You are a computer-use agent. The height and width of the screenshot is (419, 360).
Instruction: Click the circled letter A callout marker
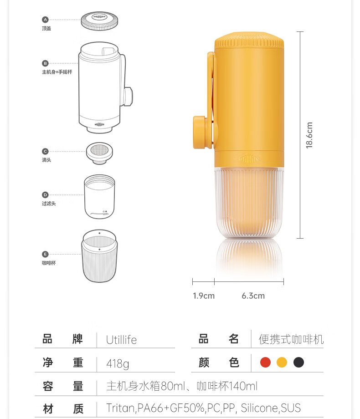click(x=45, y=20)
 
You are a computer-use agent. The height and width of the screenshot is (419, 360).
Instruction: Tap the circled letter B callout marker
click(x=45, y=63)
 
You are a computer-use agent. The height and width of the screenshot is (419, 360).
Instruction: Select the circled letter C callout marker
click(x=45, y=151)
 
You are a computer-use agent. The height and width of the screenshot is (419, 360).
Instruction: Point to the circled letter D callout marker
click(x=45, y=195)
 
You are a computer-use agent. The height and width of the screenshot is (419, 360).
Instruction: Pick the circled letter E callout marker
click(x=45, y=254)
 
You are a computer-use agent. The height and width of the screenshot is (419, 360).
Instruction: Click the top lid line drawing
click(x=99, y=20)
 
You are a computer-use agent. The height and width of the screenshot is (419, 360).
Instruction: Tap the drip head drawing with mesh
click(x=99, y=153)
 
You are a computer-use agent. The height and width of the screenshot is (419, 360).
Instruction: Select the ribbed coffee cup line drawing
click(x=99, y=256)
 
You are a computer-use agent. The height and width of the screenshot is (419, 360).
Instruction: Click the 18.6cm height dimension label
click(x=309, y=135)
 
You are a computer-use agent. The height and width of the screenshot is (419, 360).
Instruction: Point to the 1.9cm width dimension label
click(x=204, y=296)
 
